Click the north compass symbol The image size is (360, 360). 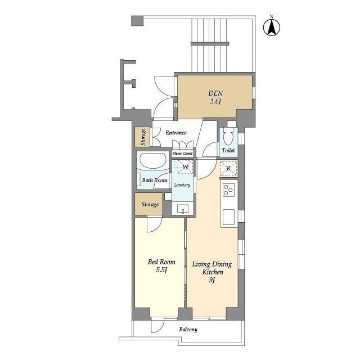click(271, 26)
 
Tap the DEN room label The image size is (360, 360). click(215, 93)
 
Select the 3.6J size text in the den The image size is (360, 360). click(215, 101)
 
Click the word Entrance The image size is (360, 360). click(176, 133)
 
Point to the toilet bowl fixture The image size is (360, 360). click(228, 137)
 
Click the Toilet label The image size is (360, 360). click(228, 150)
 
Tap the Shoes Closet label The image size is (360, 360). click(182, 153)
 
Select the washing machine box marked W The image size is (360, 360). click(185, 166)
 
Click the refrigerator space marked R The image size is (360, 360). click(228, 169)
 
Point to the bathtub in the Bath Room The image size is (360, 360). click(154, 160)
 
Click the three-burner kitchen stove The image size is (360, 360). click(228, 190)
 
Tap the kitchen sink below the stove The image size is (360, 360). click(229, 217)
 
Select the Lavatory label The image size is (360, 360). click(182, 185)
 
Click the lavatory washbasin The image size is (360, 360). click(183, 209)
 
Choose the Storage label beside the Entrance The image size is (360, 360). click(143, 137)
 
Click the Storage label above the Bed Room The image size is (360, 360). click(150, 204)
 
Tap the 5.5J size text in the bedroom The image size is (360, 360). click(161, 270)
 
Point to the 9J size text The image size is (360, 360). click(212, 280)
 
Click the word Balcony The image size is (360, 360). click(188, 330)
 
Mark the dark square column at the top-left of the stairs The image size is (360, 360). click(137, 21)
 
